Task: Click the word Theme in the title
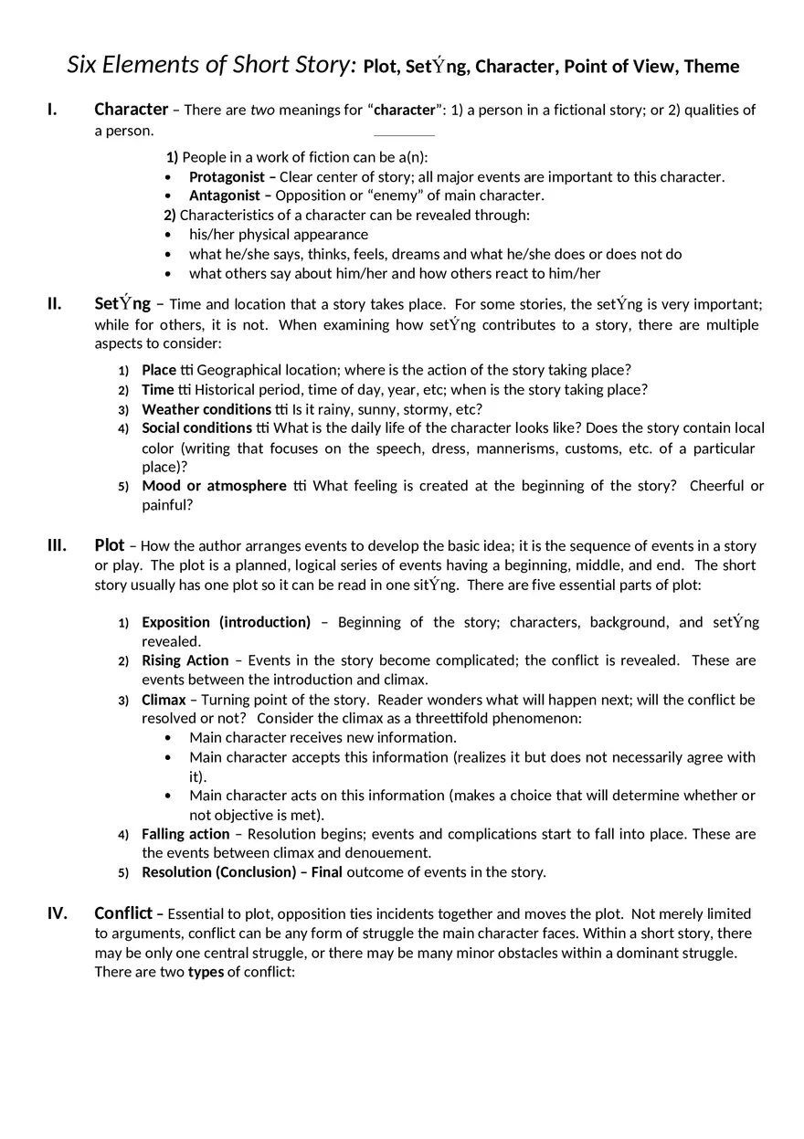point(711,67)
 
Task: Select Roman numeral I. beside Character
point(52,110)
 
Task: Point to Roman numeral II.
point(54,304)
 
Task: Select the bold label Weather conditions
point(206,409)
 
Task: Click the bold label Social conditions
point(196,427)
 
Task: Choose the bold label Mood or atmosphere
point(214,486)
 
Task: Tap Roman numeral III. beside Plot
point(57,545)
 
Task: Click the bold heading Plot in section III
point(109,545)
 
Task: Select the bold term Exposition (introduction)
point(226,622)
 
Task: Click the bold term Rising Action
point(185,660)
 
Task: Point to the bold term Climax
point(164,700)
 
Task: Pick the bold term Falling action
point(185,834)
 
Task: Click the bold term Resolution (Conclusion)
point(218,872)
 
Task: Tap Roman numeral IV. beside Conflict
point(57,913)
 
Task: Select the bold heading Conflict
point(123,913)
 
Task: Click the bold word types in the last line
point(206,972)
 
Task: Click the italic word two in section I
point(262,111)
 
